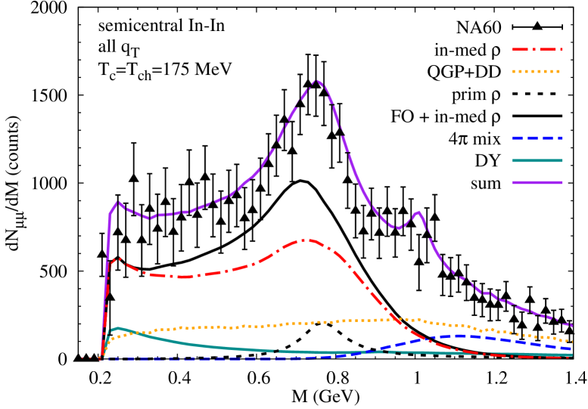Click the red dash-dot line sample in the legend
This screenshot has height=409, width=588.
pyautogui.click(x=537, y=50)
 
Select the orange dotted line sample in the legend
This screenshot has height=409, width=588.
pyautogui.click(x=537, y=72)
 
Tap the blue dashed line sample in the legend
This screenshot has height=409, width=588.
pyautogui.click(x=537, y=138)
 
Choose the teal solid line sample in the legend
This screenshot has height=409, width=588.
pyautogui.click(x=537, y=160)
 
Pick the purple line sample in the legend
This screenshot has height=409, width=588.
pyautogui.click(x=537, y=182)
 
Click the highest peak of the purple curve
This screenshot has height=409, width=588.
pyautogui.click(x=316, y=80)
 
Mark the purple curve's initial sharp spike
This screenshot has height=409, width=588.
pyautogui.click(x=118, y=202)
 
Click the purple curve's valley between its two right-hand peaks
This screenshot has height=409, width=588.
pyautogui.click(x=398, y=228)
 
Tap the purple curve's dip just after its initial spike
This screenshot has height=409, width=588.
pyautogui.click(x=151, y=218)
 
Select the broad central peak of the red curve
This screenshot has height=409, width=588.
pyautogui.click(x=306, y=240)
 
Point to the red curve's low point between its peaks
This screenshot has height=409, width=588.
pyautogui.click(x=182, y=277)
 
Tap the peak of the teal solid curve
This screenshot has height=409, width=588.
pyautogui.click(x=118, y=328)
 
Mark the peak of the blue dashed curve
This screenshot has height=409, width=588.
pyautogui.click(x=459, y=336)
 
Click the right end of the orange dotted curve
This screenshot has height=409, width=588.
pyautogui.click(x=571, y=342)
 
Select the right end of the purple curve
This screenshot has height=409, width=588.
pyautogui.click(x=571, y=325)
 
